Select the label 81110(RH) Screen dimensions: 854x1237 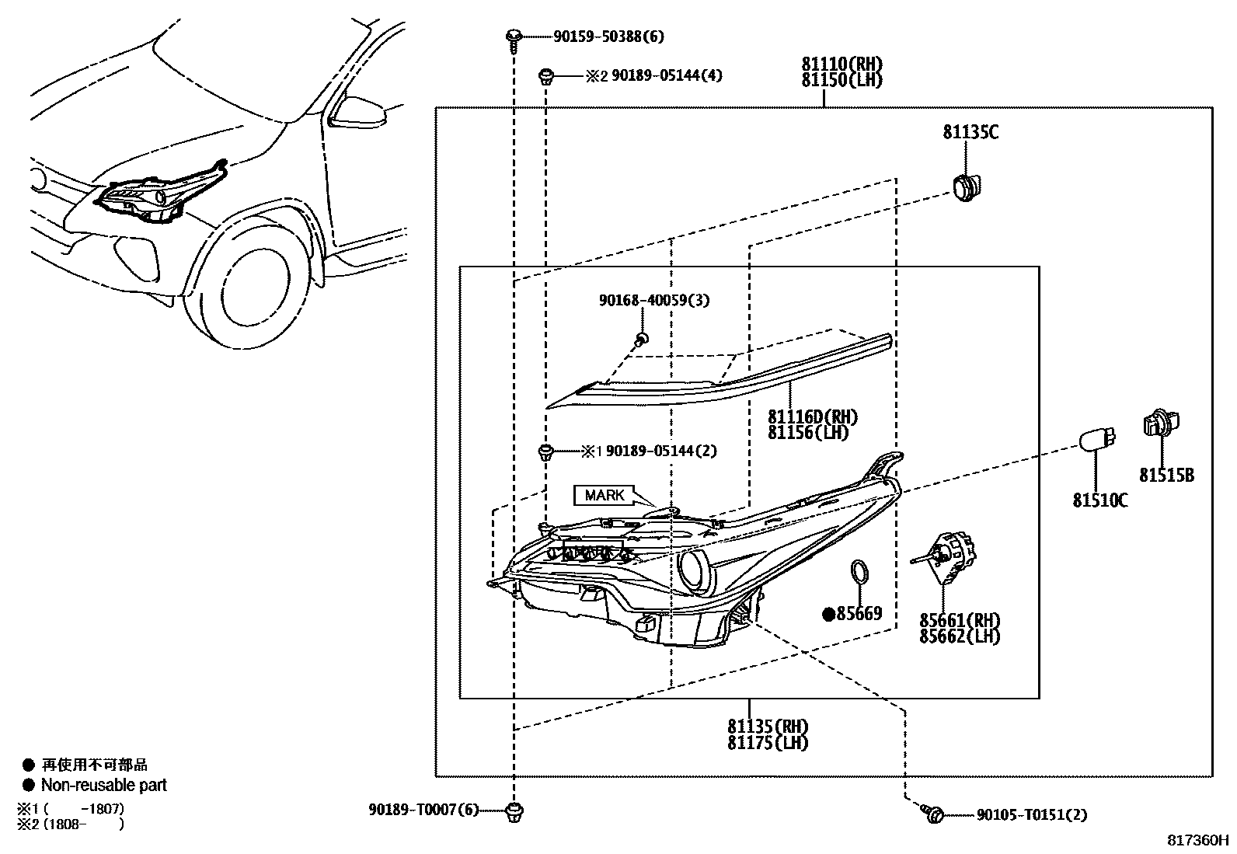[x=842, y=64]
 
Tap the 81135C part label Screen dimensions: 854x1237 [x=970, y=132]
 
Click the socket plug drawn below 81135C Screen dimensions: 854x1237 [x=966, y=187]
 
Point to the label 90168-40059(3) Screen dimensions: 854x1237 [x=654, y=300]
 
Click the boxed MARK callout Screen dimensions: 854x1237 [x=605, y=495]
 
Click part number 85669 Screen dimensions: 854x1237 [x=859, y=614]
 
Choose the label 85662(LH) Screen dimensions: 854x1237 [x=960, y=636]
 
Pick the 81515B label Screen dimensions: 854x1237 [x=1166, y=476]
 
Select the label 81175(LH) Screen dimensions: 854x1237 [x=768, y=743]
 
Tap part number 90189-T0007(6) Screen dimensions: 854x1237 [x=423, y=810]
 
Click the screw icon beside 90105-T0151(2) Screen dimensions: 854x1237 [x=934, y=814]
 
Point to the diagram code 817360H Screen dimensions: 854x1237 [x=1198, y=841]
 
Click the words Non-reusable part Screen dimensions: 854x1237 [x=104, y=785]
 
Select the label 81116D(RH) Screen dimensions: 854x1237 [x=813, y=417]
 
